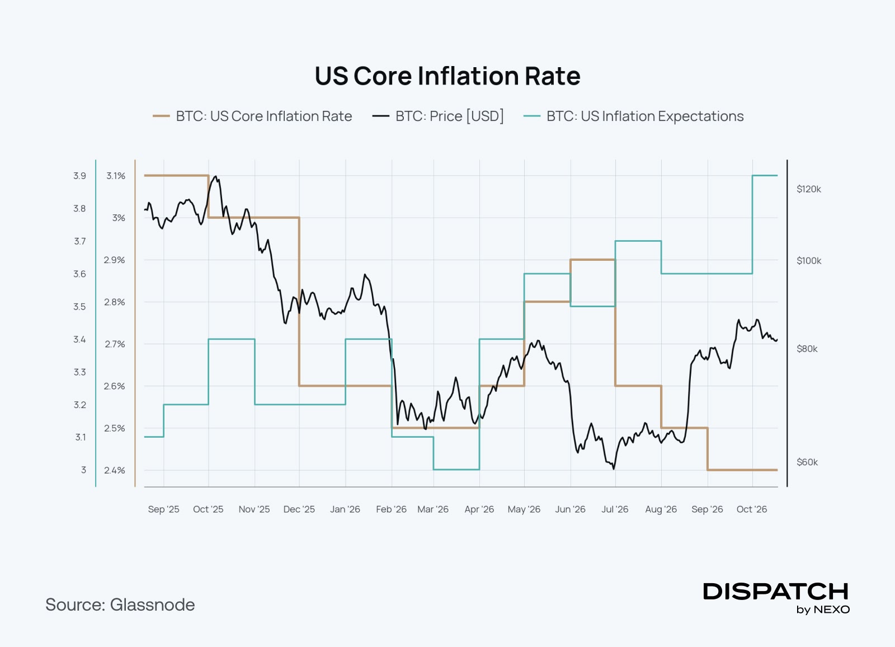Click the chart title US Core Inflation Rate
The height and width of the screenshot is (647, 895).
(447, 76)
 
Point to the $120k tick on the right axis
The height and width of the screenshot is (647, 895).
(809, 189)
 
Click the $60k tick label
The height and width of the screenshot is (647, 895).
(807, 462)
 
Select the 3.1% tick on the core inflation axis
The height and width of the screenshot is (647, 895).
(116, 176)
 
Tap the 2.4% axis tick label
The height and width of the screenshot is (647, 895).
(115, 470)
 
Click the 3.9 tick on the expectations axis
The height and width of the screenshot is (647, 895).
(79, 176)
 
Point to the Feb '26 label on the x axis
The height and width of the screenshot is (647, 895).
(391, 509)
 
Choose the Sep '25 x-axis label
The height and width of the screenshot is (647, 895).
(163, 509)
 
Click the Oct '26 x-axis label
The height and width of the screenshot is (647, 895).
(752, 509)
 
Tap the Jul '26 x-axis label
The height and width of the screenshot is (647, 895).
(615, 509)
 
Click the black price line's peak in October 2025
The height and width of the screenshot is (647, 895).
(216, 176)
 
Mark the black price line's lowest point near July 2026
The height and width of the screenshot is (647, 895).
(614, 468)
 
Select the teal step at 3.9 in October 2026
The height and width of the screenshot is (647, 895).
(765, 176)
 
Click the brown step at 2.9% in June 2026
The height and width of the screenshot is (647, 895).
(593, 260)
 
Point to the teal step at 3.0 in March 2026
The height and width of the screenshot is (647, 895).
(456, 470)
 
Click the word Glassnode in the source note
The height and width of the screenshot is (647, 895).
(152, 605)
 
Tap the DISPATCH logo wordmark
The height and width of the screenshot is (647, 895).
(775, 592)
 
